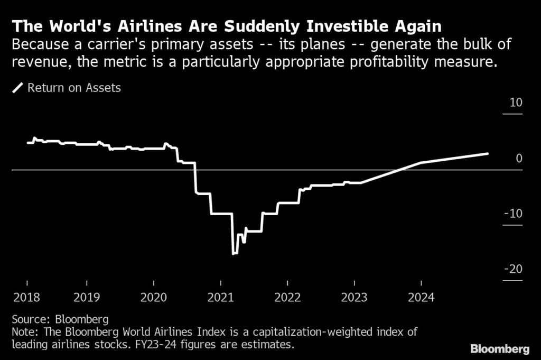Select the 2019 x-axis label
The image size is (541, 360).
click(87, 297)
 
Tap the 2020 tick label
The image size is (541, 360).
click(153, 297)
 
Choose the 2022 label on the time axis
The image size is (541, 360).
click(287, 297)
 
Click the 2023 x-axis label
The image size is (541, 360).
click(353, 297)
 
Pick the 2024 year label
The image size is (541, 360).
click(421, 297)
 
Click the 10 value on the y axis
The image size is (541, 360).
click(516, 102)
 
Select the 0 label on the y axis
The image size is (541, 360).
click(519, 158)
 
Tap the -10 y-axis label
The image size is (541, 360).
click(513, 214)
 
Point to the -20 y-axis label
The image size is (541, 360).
click(513, 270)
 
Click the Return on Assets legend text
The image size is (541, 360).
click(74, 88)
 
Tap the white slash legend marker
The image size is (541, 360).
click(18, 88)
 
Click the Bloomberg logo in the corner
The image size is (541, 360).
click(499, 349)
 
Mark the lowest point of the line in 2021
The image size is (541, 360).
click(234, 254)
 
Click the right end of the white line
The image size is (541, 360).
click(487, 153)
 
